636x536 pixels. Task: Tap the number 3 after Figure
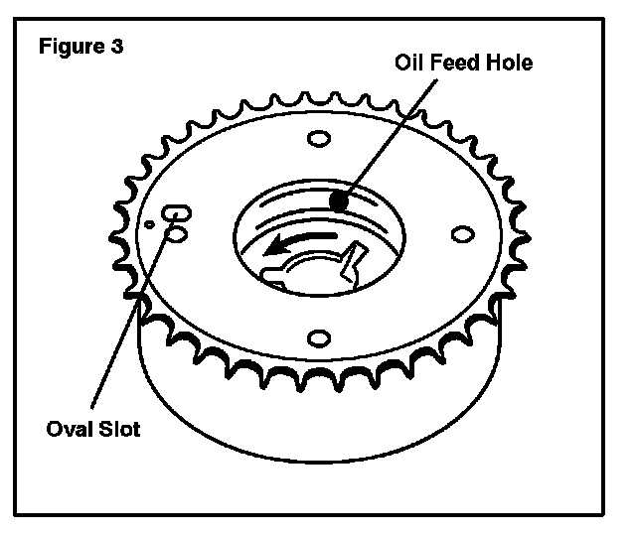(x=118, y=48)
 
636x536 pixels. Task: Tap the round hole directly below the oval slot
(x=177, y=234)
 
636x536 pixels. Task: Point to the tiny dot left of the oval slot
(x=149, y=224)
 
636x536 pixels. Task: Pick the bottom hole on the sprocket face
(x=319, y=337)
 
